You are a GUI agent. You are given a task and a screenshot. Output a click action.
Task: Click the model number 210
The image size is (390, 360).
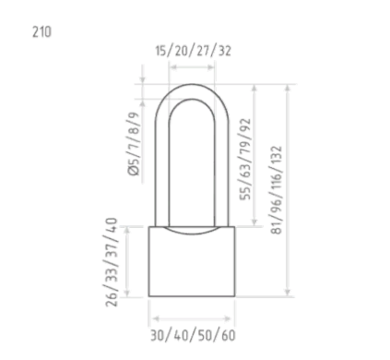(x=41, y=32)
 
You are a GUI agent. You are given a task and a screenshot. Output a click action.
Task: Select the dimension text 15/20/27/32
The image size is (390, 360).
(x=193, y=51)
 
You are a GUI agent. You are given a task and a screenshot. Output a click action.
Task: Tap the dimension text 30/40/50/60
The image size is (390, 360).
(x=193, y=335)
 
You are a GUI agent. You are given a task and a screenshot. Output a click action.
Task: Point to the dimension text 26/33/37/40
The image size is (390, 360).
(x=112, y=262)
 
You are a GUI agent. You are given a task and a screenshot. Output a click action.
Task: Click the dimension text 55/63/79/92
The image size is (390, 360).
(x=245, y=160)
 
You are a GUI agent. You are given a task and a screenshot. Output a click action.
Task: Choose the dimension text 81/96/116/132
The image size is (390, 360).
(x=276, y=190)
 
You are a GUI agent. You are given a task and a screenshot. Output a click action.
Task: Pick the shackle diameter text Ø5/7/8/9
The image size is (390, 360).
(x=134, y=144)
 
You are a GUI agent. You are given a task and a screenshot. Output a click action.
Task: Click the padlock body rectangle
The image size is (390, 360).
(x=192, y=261)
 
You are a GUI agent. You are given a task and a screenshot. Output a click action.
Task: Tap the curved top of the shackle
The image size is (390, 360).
(x=192, y=84)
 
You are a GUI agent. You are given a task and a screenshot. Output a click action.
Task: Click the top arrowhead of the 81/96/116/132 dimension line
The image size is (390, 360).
(x=288, y=88)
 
